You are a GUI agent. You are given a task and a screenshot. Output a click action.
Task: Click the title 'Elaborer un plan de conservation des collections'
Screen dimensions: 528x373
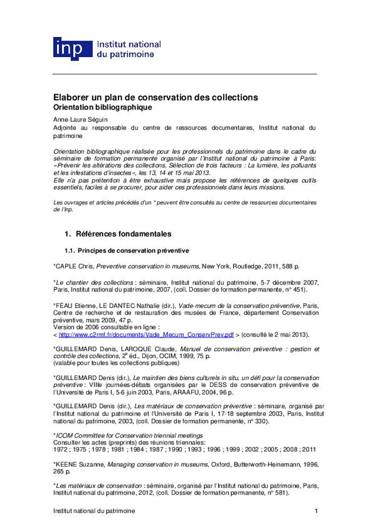pos(155,97)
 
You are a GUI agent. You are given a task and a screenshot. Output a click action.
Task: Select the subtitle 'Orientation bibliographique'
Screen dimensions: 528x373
pos(102,107)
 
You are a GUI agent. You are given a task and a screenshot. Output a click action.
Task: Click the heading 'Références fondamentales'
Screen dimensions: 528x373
pos(124,234)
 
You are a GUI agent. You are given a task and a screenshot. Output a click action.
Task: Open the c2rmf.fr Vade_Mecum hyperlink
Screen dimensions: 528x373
pos(146,335)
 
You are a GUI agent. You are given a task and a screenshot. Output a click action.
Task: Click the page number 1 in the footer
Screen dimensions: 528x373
pos(316,511)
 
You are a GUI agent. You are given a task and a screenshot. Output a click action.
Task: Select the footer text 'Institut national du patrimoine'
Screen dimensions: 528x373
pos(94,511)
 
